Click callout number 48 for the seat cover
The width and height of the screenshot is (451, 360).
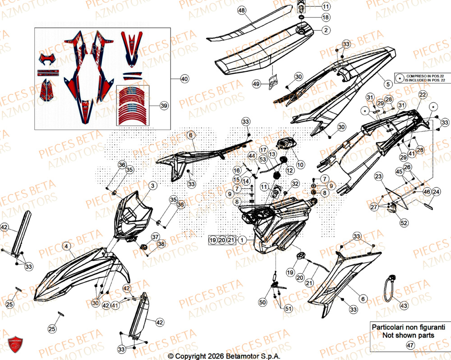point(241,10)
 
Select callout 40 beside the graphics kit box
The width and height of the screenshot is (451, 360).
point(184,79)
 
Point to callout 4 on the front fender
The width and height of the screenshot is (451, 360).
point(66,246)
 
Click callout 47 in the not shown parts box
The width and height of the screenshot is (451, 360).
point(410,345)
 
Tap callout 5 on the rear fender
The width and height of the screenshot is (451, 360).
point(388,84)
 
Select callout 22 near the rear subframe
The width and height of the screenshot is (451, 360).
point(423,95)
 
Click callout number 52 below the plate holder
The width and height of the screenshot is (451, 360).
point(404,222)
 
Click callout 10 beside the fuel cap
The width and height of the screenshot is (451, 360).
point(300,164)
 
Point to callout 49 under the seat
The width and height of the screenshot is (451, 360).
point(256,84)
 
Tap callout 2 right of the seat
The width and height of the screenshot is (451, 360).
point(325,31)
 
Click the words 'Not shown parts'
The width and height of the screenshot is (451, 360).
point(408,335)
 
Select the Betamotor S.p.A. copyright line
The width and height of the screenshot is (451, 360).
point(224,356)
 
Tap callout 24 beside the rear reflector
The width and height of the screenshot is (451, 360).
point(436,191)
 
